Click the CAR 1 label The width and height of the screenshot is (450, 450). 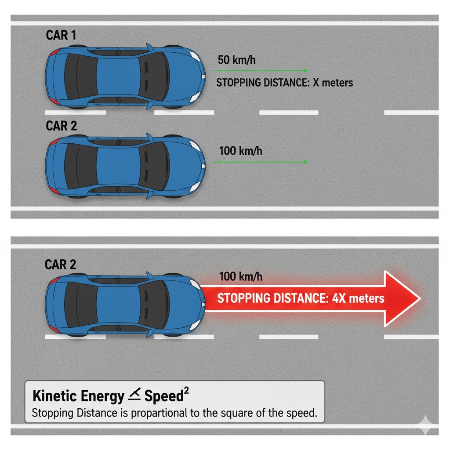click(x=61, y=35)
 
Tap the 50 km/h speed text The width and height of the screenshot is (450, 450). click(x=236, y=60)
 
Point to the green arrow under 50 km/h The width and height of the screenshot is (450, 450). click(x=260, y=70)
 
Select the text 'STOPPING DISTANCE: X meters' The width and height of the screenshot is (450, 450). click(x=284, y=83)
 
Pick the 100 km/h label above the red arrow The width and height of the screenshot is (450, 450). click(x=240, y=277)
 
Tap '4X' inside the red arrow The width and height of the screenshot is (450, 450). click(x=339, y=298)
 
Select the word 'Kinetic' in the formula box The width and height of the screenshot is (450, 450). click(x=54, y=396)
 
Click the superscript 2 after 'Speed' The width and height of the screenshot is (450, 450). click(x=186, y=391)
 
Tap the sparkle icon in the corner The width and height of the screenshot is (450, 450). click(x=425, y=424)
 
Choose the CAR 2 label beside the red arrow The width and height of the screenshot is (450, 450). click(x=61, y=264)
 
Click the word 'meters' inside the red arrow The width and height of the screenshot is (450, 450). click(x=367, y=299)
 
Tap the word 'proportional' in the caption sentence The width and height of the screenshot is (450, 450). click(x=159, y=413)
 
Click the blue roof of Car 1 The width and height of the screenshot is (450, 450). click(x=118, y=76)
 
